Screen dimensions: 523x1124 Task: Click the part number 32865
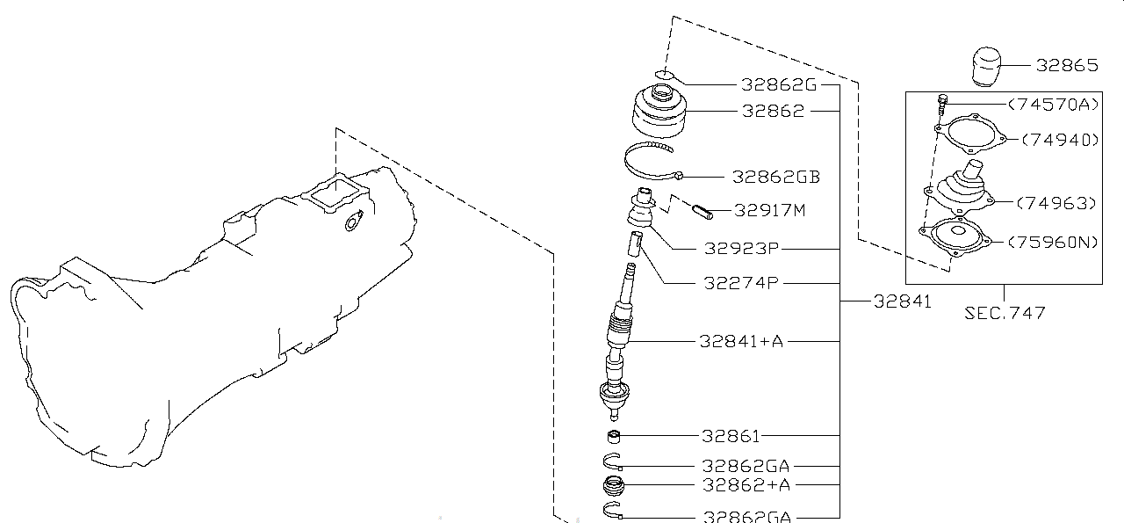[1067, 65]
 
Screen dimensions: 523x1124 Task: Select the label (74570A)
[1053, 105]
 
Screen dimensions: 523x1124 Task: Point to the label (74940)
[1059, 140]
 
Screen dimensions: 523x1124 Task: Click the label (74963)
[1056, 203]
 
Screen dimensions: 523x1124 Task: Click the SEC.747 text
[1004, 312]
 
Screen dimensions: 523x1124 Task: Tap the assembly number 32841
[902, 301]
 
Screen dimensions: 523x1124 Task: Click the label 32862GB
[776, 177]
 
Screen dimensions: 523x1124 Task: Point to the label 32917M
[770, 210]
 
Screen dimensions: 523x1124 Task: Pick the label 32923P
[742, 249]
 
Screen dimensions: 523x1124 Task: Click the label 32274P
[742, 283]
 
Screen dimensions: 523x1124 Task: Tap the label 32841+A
[743, 340]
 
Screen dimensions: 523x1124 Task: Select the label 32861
[731, 436]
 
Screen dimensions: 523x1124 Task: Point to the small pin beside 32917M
[704, 211]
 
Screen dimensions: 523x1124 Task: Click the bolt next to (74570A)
[941, 104]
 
